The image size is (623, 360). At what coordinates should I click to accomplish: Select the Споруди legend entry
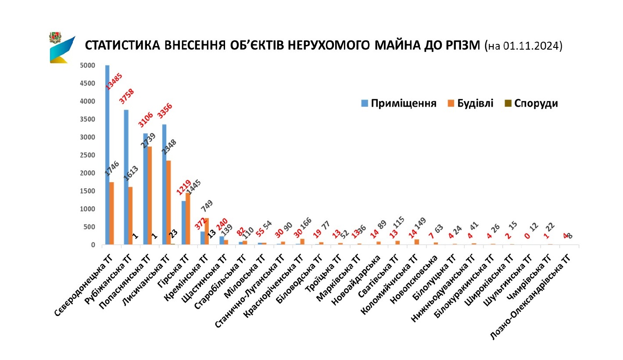[531, 104]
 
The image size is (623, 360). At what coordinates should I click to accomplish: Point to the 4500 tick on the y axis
[88, 83]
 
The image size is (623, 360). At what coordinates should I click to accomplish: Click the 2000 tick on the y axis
[88, 173]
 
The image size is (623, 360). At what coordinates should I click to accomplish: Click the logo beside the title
[61, 47]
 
